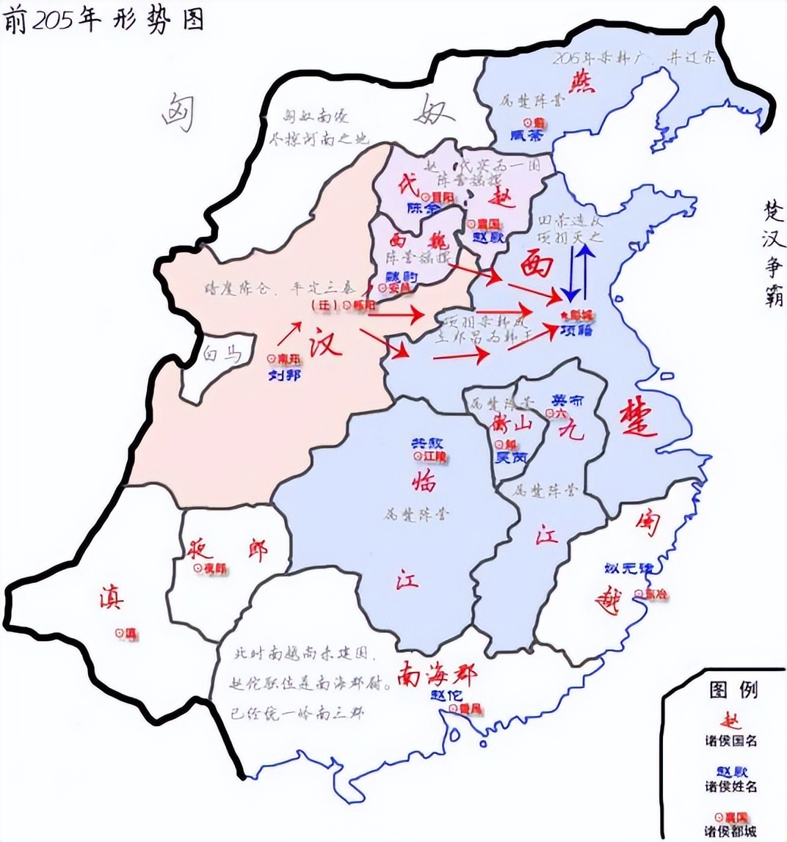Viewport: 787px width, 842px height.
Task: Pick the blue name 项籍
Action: [576, 330]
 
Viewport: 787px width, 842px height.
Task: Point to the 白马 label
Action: [222, 355]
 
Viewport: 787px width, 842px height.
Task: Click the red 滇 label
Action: [112, 598]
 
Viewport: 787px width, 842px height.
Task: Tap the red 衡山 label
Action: [511, 425]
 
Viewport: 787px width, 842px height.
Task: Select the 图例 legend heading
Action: [734, 689]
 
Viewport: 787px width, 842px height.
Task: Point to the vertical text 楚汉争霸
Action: [772, 253]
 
